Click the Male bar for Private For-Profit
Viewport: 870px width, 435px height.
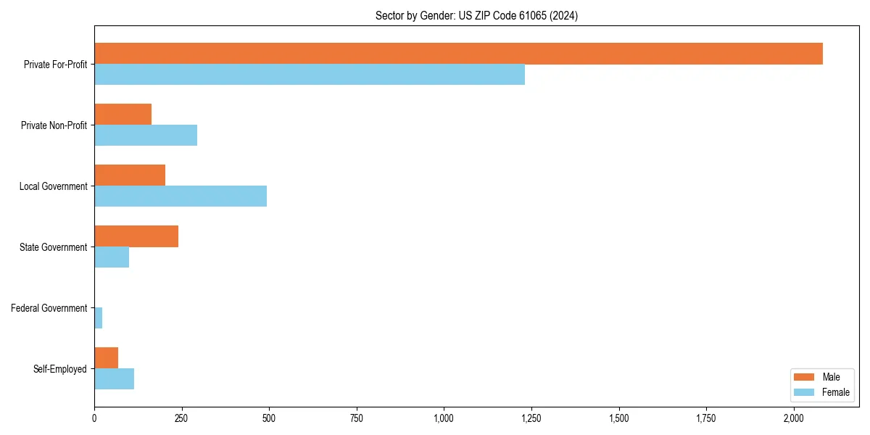coord(458,54)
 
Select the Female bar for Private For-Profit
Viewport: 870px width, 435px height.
coord(310,75)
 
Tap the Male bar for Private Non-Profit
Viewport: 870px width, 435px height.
coord(123,115)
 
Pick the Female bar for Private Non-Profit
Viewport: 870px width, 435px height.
coord(146,136)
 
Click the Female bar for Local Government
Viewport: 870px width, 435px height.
coord(181,196)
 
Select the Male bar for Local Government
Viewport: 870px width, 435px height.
coord(130,175)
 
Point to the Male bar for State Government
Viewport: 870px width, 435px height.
coord(136,236)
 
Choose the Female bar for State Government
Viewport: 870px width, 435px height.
coord(112,257)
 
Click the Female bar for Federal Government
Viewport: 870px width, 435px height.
coord(99,318)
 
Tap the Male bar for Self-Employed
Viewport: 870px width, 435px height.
coord(107,358)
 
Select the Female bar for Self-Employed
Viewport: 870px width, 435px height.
coord(115,379)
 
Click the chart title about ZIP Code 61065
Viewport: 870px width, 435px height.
coord(476,15)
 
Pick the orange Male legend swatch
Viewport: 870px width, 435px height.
coord(805,377)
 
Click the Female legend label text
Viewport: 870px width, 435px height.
coord(836,393)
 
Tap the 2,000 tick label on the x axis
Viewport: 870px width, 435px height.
coord(793,418)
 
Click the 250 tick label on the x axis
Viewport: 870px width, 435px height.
coord(181,418)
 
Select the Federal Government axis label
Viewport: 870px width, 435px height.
coord(49,308)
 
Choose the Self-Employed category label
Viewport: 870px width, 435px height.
coord(60,369)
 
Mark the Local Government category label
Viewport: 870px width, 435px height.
coord(53,186)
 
